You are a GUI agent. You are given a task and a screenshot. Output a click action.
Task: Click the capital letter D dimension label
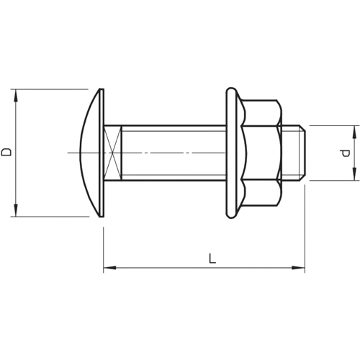[x=6, y=152]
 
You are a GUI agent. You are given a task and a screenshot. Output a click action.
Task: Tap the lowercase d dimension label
[x=346, y=153]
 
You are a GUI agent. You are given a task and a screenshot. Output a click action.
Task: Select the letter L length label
[x=212, y=258]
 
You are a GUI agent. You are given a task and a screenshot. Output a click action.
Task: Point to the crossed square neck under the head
[x=112, y=153]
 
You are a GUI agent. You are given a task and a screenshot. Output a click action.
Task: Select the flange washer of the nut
[x=231, y=152]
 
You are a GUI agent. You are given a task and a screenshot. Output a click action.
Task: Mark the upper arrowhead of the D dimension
[x=14, y=94]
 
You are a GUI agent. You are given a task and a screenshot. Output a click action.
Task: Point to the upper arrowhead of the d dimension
[x=354, y=130]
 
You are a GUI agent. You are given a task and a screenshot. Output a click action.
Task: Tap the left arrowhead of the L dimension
[x=109, y=269]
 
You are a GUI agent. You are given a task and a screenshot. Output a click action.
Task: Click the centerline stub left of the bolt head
[x=72, y=153]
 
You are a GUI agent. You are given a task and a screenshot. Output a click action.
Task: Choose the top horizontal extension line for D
[x=50, y=89]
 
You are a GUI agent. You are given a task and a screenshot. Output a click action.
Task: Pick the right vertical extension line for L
[x=305, y=230]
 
